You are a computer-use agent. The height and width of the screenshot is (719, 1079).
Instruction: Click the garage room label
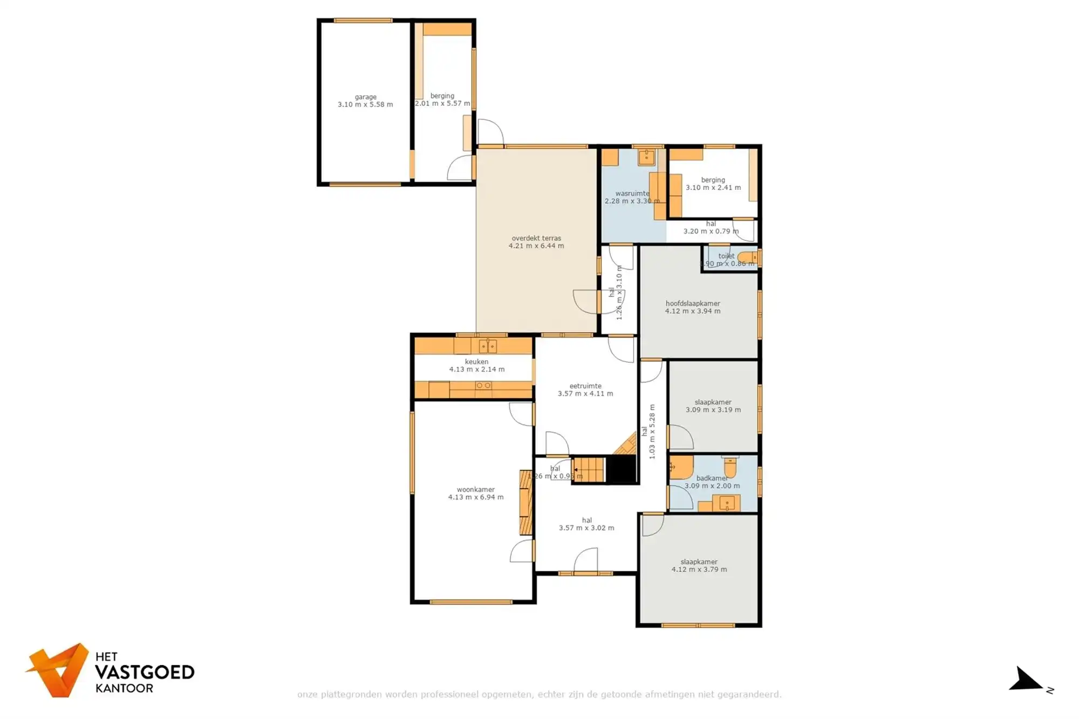[x=365, y=97]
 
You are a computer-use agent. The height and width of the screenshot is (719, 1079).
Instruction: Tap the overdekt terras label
[x=536, y=238]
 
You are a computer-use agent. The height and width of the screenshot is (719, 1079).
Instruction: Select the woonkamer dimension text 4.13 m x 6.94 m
[x=476, y=497]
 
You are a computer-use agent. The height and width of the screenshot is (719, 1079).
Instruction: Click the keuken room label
[x=476, y=361]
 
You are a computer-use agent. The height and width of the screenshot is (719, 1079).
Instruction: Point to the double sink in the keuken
[x=488, y=346]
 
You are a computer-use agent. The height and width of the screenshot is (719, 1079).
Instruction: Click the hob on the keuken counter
[x=483, y=386]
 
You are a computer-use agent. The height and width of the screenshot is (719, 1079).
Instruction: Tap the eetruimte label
[x=585, y=386]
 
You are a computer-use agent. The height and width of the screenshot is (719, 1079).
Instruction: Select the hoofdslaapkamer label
[x=693, y=303]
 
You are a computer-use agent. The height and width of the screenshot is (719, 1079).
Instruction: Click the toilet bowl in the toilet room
[x=747, y=258]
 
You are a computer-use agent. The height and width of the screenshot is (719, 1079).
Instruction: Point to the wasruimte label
[x=632, y=193]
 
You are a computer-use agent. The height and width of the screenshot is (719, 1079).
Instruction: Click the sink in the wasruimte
[x=646, y=157]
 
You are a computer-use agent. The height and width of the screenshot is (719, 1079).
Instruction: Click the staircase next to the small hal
[x=589, y=469]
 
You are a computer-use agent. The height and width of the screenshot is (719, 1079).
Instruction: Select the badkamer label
[x=712, y=478]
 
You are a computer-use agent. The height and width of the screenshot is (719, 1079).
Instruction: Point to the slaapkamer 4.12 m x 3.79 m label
[x=699, y=561]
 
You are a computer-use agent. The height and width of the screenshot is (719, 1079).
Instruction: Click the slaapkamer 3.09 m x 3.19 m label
[x=713, y=402]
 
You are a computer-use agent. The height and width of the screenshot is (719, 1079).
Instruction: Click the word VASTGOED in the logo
[x=145, y=672]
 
